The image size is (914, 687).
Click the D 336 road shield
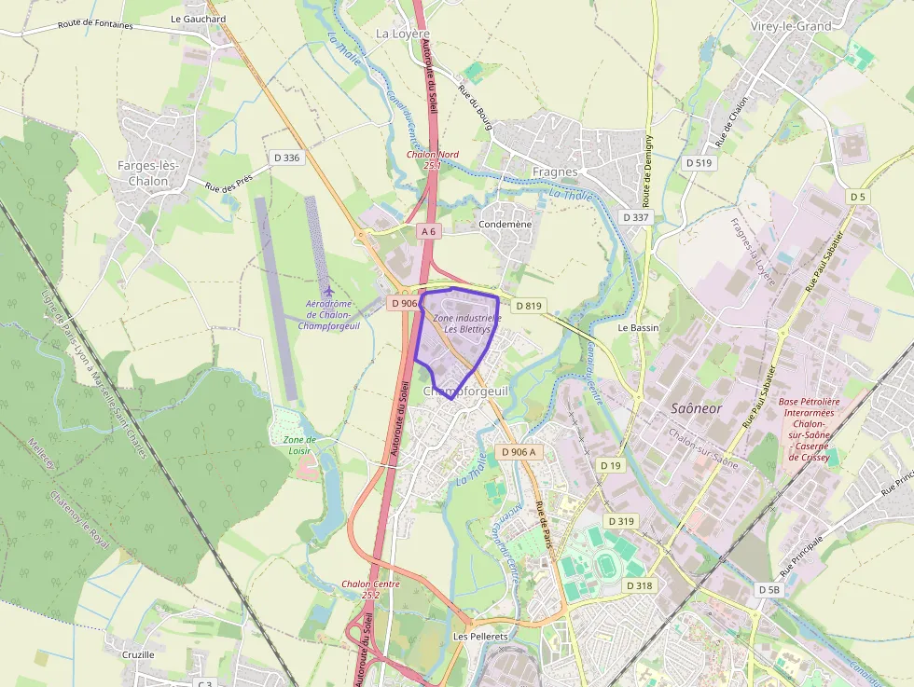click(x=287, y=158)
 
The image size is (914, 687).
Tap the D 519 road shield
click(x=699, y=162)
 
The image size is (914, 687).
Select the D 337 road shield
click(x=634, y=217)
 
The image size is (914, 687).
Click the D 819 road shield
click(x=528, y=305)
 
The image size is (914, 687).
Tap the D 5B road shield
click(x=769, y=590)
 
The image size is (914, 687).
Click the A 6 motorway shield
click(x=429, y=230)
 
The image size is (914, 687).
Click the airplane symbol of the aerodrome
click(x=327, y=290)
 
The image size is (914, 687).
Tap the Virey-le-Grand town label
click(x=790, y=26)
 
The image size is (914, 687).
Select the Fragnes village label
click(x=555, y=172)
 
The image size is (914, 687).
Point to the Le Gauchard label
click(x=198, y=19)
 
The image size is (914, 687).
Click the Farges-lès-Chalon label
click(x=149, y=173)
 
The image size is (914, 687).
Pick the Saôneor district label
click(x=696, y=409)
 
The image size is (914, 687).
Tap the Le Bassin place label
click(x=638, y=328)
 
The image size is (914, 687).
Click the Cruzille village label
click(x=138, y=654)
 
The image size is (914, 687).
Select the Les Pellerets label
click(x=479, y=636)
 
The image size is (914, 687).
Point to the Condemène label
click(x=505, y=225)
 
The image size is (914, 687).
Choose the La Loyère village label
click(x=403, y=33)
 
